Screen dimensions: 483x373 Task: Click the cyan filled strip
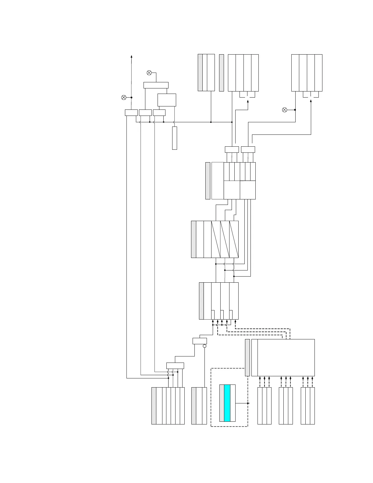(x=227, y=403)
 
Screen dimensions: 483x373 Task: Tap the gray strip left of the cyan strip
(x=222, y=403)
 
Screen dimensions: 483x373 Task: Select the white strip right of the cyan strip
(x=233, y=403)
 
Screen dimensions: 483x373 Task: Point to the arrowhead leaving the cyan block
(x=248, y=403)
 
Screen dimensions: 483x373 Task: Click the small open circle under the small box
(x=204, y=346)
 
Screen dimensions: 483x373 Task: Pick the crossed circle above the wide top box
(x=149, y=73)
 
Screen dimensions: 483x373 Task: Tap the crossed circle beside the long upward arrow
(x=124, y=98)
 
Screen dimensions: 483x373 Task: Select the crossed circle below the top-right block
(x=285, y=110)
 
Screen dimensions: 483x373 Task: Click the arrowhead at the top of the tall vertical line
(x=131, y=56)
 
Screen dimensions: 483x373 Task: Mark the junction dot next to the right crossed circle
(x=295, y=110)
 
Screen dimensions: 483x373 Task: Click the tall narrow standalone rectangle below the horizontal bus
(x=175, y=138)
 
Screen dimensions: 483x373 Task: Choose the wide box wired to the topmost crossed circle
(x=156, y=85)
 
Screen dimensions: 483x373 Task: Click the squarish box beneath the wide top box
(x=167, y=100)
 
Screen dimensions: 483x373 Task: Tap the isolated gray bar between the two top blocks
(x=222, y=73)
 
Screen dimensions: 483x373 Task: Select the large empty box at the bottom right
(x=286, y=357)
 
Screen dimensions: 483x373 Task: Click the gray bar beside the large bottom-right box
(x=247, y=357)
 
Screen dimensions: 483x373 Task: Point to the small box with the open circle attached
(x=200, y=341)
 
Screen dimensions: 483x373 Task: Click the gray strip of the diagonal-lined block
(x=194, y=239)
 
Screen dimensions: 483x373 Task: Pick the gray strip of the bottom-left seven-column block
(x=154, y=406)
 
